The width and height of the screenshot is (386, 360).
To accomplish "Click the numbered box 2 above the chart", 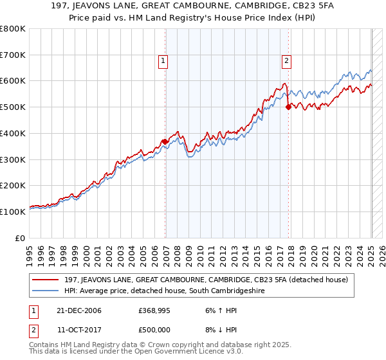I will tap(286, 62).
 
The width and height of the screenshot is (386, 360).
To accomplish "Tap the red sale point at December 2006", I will tap(165, 141).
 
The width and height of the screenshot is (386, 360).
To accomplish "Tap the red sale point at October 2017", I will tap(288, 107).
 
